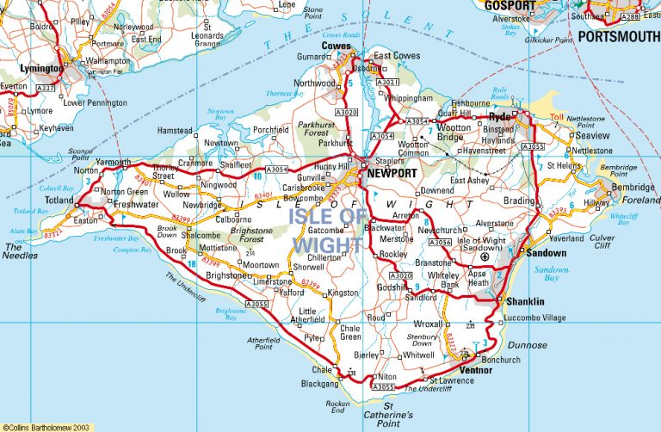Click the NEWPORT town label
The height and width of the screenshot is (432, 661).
click(x=392, y=173)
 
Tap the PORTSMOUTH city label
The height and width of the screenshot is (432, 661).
click(x=618, y=37)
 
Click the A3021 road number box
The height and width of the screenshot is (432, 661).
click(x=388, y=82)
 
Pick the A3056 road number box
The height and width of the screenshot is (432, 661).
click(x=439, y=243)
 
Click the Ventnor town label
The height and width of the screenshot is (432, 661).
click(x=476, y=370)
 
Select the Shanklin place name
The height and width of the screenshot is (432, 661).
click(x=525, y=302)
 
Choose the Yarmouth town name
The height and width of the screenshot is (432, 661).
click(x=113, y=162)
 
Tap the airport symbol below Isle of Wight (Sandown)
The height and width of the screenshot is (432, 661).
click(x=484, y=257)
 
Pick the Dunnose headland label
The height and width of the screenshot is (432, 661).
click(x=527, y=344)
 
